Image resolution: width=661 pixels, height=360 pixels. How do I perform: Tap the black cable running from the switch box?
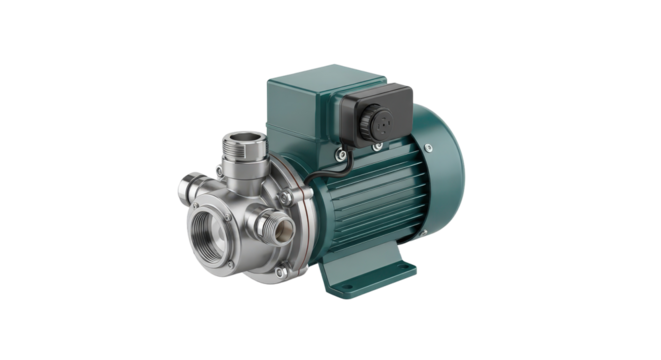325,179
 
